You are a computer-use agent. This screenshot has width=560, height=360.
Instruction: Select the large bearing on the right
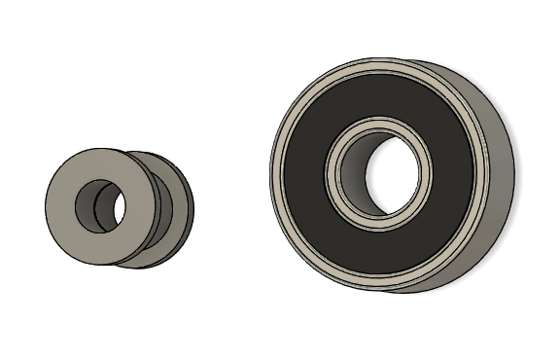click(x=389, y=175)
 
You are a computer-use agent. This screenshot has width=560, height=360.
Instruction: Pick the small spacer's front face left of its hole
click(x=60, y=204)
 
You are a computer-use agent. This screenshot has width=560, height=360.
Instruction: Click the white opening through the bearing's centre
click(x=395, y=175)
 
